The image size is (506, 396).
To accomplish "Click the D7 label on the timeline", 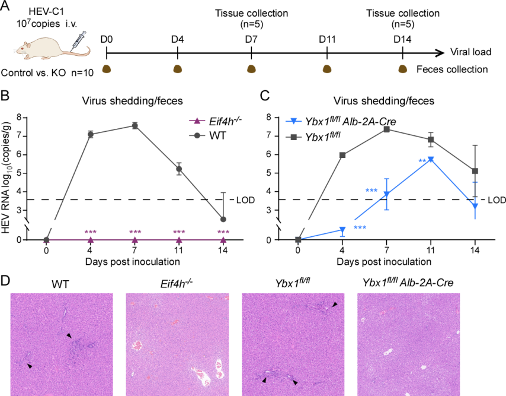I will coord(252,40).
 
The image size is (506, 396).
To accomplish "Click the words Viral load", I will coord(470,52).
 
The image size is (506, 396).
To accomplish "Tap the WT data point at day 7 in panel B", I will coord(135,125).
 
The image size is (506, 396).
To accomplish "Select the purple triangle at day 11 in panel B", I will coord(179,239).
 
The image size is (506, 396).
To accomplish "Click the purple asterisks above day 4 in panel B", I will coord(91,232).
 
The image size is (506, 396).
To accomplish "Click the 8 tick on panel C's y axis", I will coord(268,117).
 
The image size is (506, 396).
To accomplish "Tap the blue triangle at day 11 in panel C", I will coord(431,159).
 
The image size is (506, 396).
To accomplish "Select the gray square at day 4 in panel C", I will coord(342,155).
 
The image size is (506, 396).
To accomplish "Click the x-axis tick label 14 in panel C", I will coord(475,251).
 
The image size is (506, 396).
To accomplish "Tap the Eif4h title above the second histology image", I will coord(177,283).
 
